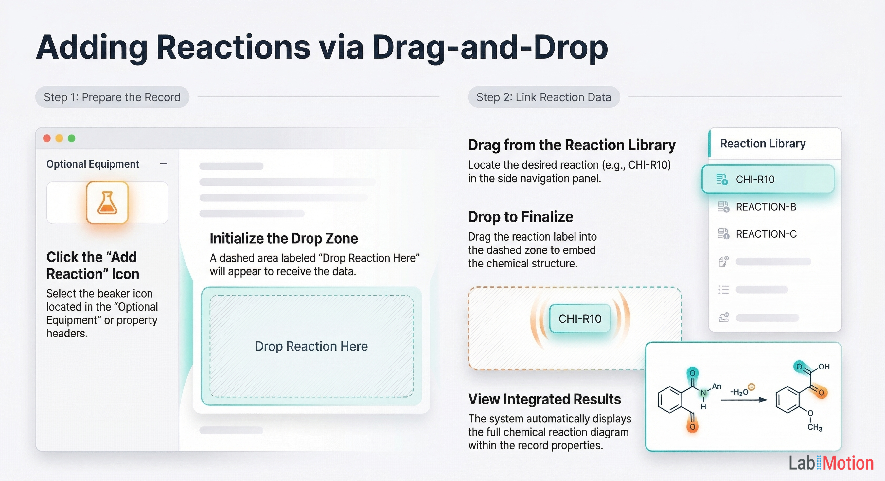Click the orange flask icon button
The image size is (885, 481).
(x=107, y=202)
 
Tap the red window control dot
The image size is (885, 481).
(x=47, y=138)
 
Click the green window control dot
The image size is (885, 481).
(x=71, y=138)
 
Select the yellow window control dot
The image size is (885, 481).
(x=60, y=138)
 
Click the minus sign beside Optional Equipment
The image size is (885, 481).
(x=164, y=164)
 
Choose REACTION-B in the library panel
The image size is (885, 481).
(x=766, y=207)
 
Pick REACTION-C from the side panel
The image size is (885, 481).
(x=766, y=234)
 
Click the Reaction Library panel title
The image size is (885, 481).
(x=763, y=144)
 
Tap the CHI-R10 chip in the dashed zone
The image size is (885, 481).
(x=580, y=318)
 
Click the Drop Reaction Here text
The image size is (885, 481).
(x=311, y=346)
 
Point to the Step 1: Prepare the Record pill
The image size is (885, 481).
(x=112, y=97)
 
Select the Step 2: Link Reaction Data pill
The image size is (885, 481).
(x=544, y=97)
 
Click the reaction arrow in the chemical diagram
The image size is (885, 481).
(x=744, y=400)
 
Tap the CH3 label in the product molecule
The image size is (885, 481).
(x=815, y=427)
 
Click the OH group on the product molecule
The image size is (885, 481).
(x=824, y=367)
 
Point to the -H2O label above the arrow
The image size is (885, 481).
(x=739, y=392)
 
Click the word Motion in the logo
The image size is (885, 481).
(x=848, y=463)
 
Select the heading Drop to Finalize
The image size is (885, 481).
(x=521, y=217)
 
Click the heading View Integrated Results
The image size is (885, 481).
(x=544, y=399)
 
